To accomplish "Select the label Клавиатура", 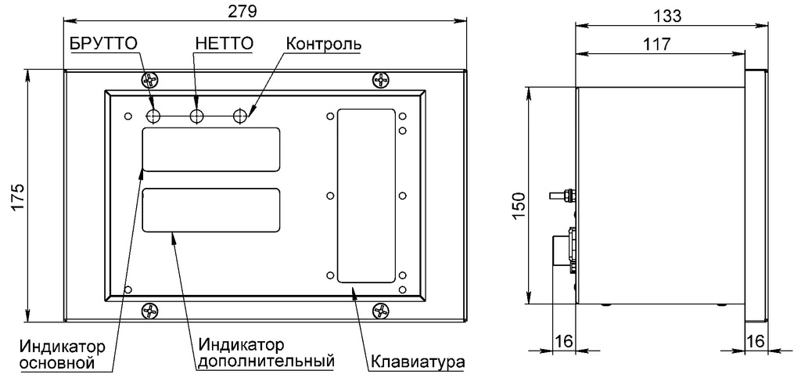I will click(x=418, y=363).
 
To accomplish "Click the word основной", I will click(x=57, y=363).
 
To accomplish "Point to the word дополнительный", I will click(x=266, y=362).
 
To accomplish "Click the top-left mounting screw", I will click(x=149, y=80).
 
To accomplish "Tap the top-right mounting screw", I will click(x=381, y=80).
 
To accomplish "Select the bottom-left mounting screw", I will click(x=149, y=311).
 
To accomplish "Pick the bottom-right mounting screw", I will click(x=381, y=311).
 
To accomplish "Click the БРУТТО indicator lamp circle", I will click(x=154, y=117).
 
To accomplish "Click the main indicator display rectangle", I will click(x=211, y=149).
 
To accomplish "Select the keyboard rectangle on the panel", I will click(x=365, y=196).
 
